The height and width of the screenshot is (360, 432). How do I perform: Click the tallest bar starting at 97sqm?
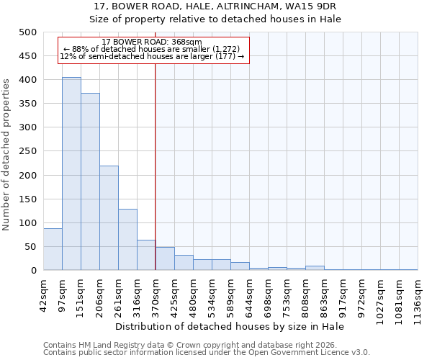71,174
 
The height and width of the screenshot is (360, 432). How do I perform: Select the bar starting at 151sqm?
90,181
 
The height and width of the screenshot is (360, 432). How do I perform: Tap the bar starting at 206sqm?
109,218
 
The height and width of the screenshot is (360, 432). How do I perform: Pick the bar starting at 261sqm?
127,240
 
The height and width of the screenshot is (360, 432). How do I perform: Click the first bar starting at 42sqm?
53,249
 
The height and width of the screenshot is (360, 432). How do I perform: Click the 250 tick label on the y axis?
28,151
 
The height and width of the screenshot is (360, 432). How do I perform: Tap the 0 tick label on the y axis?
34,271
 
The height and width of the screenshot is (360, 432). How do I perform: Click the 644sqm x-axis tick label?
249,294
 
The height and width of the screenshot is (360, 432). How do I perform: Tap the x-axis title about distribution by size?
230,327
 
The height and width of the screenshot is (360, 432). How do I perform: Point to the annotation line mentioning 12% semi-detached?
152,56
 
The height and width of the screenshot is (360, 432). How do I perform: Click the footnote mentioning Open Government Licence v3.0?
207,353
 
